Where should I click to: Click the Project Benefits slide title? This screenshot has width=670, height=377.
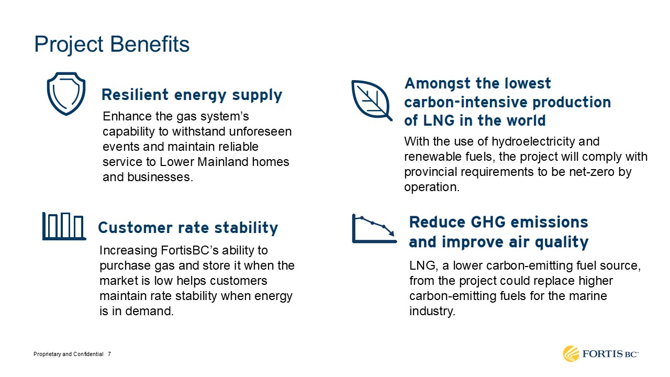pyautogui.click(x=112, y=45)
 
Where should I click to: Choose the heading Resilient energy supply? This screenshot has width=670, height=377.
pyautogui.click(x=192, y=95)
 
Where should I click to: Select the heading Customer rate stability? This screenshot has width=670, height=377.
pyautogui.click(x=188, y=228)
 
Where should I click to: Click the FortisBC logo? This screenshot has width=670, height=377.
pyautogui.click(x=600, y=354)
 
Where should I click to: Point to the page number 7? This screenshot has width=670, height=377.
pyautogui.click(x=109, y=354)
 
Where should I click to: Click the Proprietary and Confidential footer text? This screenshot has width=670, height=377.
pyautogui.click(x=69, y=354)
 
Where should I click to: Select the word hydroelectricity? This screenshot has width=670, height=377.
pyautogui.click(x=533, y=142)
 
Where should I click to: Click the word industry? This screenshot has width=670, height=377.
pyautogui.click(x=432, y=312)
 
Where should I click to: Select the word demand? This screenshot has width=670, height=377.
pyautogui.click(x=149, y=311)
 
